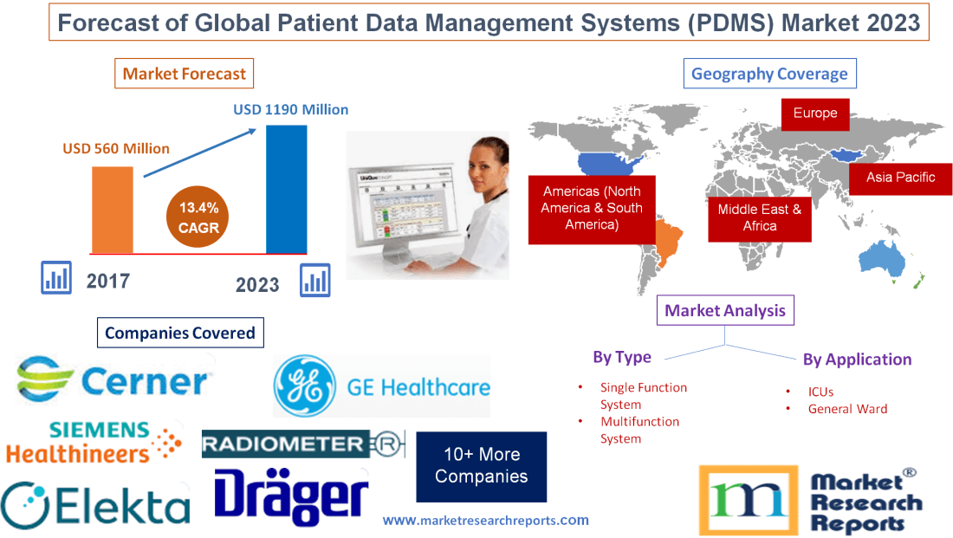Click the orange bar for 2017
113,209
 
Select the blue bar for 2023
286,189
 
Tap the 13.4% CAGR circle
199,217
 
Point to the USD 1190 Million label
291,110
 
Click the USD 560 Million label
116,148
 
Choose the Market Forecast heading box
184,74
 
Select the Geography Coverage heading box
769,74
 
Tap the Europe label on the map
815,113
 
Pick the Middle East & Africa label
760,217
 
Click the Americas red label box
592,208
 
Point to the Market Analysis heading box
725,310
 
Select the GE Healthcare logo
381,386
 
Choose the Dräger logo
291,497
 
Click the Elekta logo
95,504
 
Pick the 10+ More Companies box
481,466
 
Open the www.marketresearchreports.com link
485,521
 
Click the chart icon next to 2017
56,278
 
